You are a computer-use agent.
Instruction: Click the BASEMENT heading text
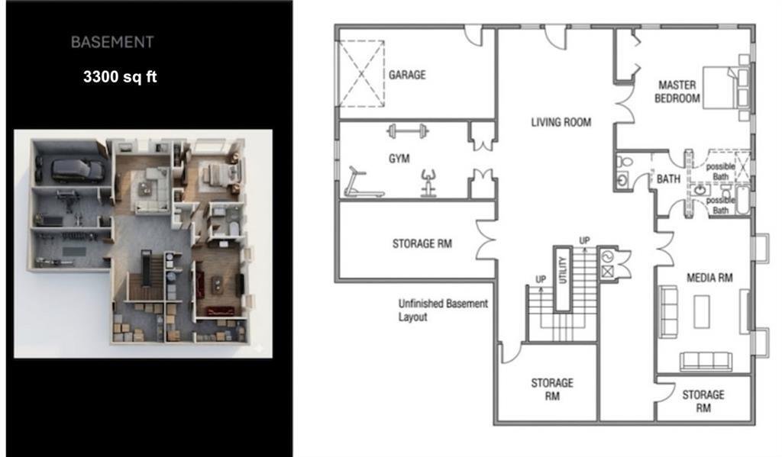point(112,43)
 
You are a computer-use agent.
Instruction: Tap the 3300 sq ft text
point(120,77)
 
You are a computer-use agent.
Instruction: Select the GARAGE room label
point(407,75)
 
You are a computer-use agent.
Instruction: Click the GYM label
point(399,159)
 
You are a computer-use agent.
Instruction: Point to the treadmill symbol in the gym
point(364,182)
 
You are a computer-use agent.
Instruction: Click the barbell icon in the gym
point(408,131)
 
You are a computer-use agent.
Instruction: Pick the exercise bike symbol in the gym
point(428,183)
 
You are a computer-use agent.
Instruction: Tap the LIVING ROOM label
point(561,122)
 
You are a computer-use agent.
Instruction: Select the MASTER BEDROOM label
point(677,92)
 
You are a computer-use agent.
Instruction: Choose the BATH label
point(668,179)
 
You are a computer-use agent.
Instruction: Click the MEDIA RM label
point(709,278)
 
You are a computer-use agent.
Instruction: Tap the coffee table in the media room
point(702,311)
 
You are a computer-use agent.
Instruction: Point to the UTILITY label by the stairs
point(563,270)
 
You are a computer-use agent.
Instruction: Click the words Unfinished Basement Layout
point(443,310)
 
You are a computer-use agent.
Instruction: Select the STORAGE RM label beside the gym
point(422,243)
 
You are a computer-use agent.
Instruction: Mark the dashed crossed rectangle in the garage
point(361,74)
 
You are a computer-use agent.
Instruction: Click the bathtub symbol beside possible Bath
point(742,200)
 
